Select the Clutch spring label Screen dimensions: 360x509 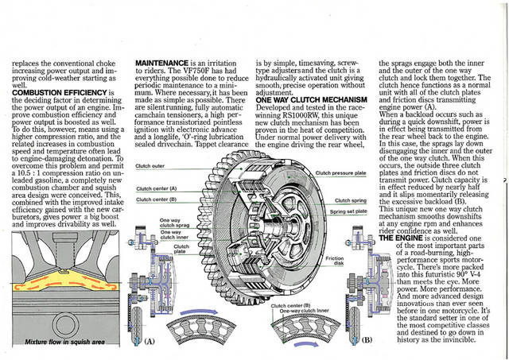pos(350,200)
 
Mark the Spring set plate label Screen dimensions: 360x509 pos(348,212)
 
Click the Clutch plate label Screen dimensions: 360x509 pos(181,250)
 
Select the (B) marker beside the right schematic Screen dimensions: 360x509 pos(367,339)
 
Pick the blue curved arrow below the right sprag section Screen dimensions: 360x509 pos(304,346)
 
